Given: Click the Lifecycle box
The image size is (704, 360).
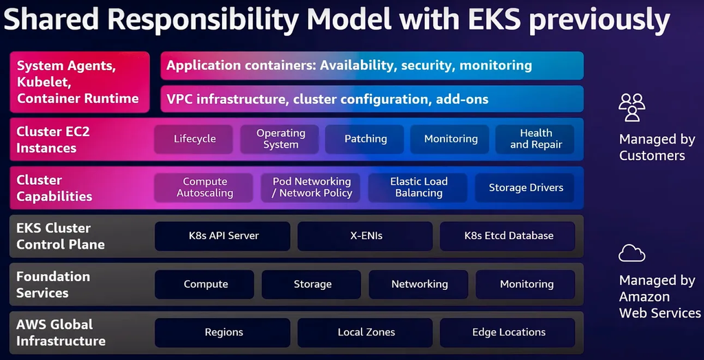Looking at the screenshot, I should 195,139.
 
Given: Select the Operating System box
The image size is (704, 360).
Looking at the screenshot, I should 280,139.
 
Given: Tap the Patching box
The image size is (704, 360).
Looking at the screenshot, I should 366,139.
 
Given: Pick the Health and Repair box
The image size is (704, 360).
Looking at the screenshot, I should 536,139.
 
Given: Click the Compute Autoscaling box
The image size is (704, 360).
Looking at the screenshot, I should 205,188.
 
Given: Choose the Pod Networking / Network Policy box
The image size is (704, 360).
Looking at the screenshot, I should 312,188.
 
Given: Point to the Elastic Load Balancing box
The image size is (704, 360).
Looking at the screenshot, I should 419,188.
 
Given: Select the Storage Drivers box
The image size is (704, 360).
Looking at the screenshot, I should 526,188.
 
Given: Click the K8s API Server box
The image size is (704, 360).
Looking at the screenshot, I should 224,236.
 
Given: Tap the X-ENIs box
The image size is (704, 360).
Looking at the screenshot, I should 366,236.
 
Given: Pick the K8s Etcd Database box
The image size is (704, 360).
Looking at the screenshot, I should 509,236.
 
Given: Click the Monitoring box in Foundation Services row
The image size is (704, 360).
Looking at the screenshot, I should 527,284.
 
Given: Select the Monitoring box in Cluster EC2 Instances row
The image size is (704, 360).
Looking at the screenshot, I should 451,139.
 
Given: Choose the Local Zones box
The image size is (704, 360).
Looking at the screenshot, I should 366,333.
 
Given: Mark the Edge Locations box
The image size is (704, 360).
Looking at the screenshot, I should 509,333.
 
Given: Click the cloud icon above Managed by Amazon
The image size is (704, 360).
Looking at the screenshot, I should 632,254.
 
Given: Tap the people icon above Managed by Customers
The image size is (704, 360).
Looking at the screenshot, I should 632,107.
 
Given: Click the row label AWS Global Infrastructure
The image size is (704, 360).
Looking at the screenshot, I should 61,333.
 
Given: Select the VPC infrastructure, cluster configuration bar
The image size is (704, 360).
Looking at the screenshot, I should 371,99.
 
